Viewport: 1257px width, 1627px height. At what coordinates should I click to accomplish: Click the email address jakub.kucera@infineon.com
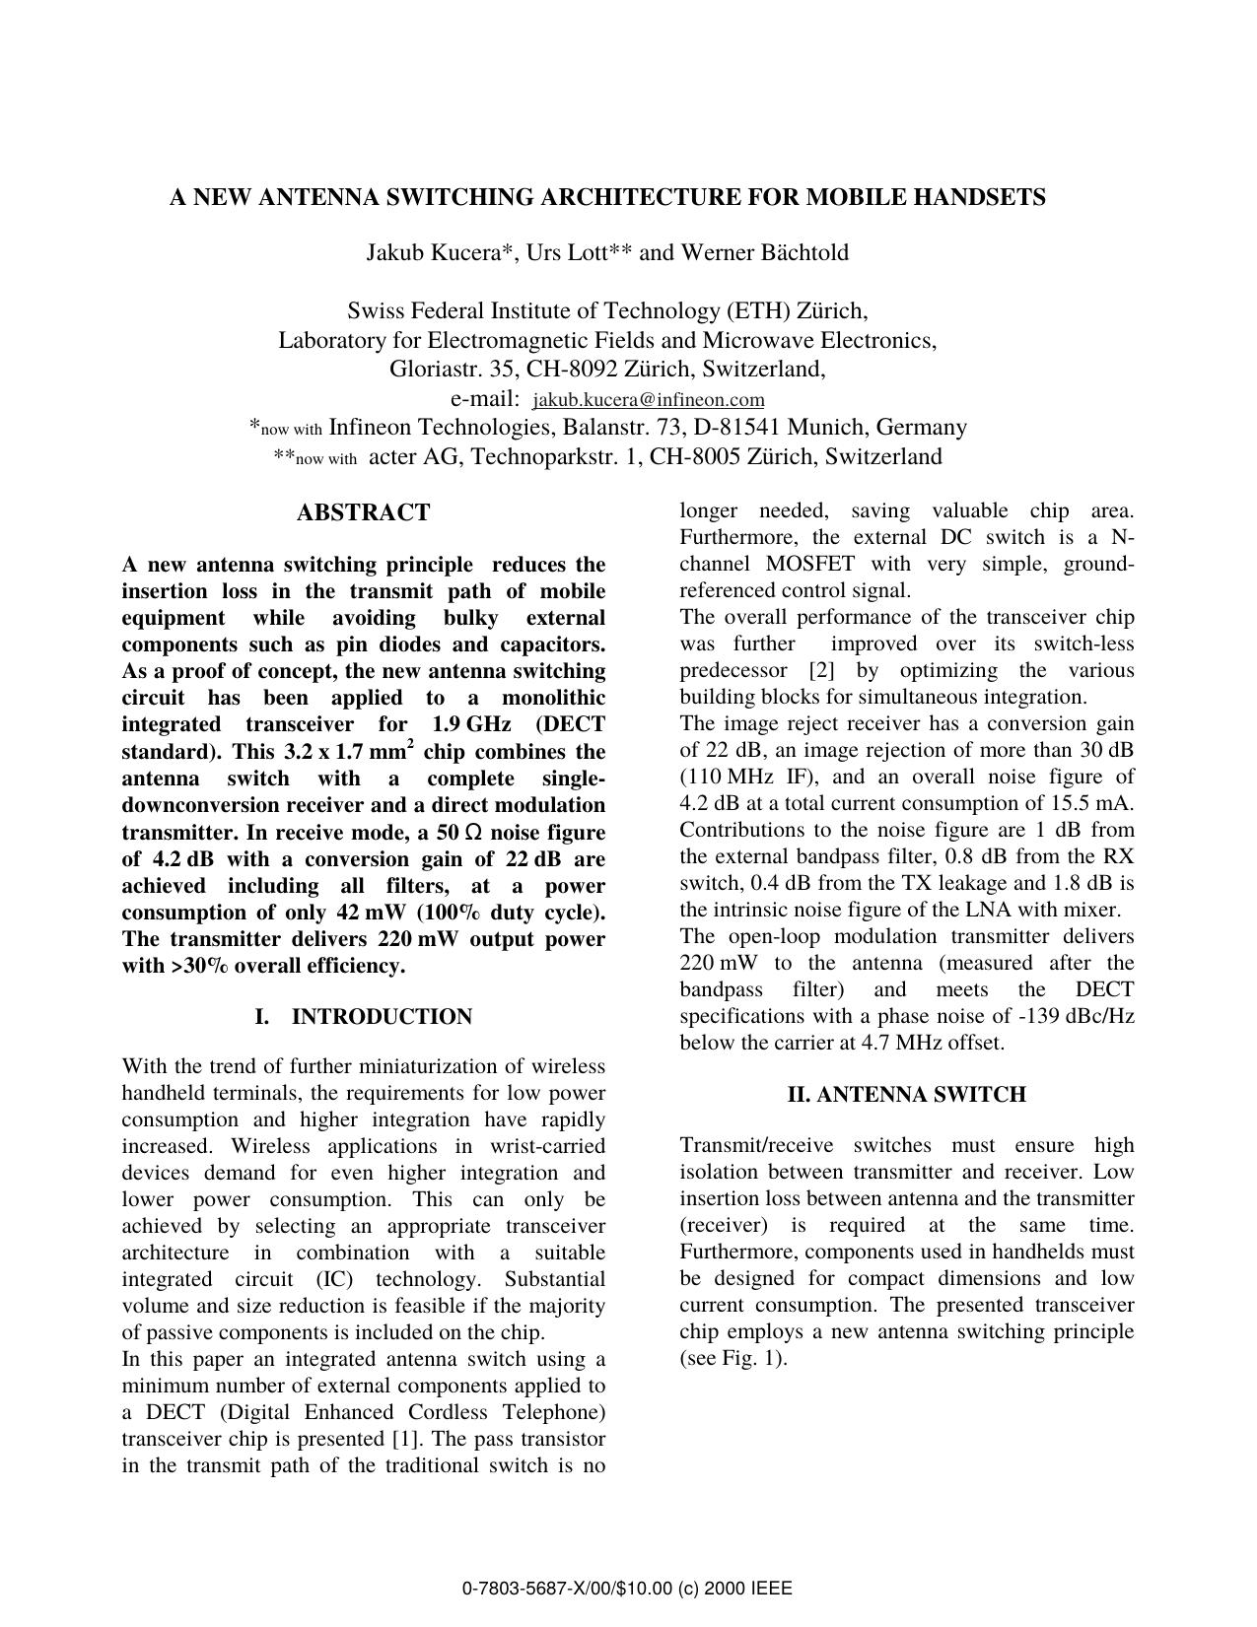pos(648,400)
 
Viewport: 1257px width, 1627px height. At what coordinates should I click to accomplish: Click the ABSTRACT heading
pos(363,512)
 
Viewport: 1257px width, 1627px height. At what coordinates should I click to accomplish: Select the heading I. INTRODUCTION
pos(363,1017)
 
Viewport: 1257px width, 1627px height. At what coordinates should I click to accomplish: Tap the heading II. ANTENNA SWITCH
pos(906,1095)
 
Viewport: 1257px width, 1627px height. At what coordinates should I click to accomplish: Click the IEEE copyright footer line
pos(627,1589)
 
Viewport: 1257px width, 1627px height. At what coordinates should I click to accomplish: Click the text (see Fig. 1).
pos(733,1359)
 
